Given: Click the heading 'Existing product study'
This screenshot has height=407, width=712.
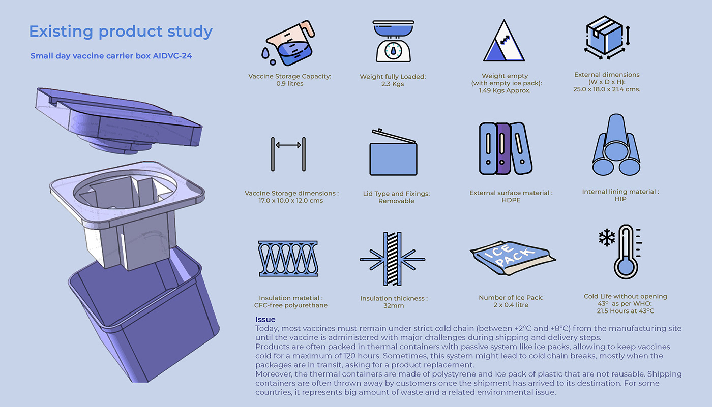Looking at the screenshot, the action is [121, 32].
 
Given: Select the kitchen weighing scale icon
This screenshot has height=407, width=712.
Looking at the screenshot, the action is [393, 41].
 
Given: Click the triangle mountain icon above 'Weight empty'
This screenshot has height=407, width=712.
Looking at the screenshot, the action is [504, 41].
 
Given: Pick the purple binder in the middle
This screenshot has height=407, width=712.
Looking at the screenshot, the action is [502, 148].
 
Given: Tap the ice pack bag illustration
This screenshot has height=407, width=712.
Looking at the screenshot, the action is [513, 258].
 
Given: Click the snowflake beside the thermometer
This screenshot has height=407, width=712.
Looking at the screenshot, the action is [606, 237].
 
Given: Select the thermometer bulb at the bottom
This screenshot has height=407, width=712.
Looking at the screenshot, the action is [626, 267].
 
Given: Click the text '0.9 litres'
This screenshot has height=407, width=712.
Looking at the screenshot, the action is [289, 84].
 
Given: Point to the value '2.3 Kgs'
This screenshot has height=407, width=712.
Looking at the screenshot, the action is [393, 84].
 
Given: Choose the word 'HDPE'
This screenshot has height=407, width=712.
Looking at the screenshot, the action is [511, 200].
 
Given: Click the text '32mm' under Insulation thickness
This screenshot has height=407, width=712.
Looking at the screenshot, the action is [394, 306].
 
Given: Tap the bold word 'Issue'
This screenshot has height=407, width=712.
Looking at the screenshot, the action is [265, 320].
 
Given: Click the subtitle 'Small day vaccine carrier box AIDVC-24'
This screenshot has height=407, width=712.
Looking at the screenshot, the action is [111, 56].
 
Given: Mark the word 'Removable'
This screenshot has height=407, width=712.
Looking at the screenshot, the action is [396, 201].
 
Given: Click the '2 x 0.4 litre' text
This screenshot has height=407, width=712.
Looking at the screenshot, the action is [511, 305].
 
